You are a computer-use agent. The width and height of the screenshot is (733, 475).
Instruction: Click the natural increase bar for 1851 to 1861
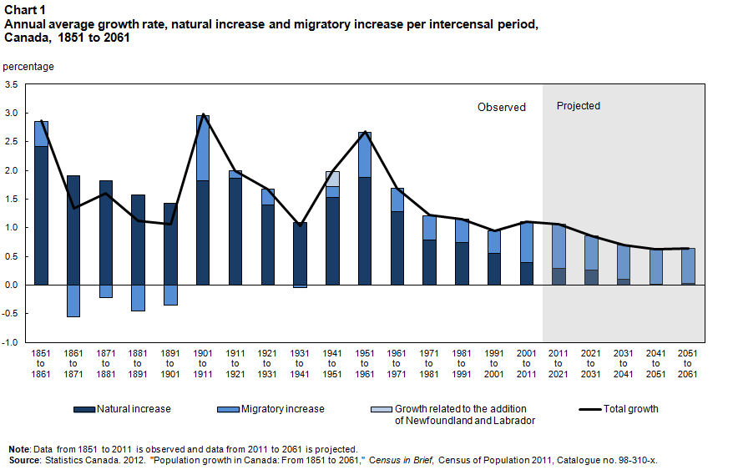(41, 215)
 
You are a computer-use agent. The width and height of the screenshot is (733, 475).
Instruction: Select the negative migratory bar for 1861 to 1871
(73, 301)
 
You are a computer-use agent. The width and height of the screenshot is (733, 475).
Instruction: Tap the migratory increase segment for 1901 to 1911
(202, 148)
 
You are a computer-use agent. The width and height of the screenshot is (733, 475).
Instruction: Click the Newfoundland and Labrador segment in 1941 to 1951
(332, 179)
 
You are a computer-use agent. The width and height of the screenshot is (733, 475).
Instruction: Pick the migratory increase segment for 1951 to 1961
(365, 154)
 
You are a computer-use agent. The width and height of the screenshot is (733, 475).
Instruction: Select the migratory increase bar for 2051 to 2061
(687, 265)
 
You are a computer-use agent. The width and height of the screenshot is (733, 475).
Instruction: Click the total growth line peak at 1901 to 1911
(203, 115)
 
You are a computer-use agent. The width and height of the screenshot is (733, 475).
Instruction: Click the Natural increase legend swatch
(83, 409)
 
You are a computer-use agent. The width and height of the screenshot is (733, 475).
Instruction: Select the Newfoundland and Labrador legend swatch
(382, 409)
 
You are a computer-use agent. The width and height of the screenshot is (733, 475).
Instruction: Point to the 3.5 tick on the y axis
(19, 84)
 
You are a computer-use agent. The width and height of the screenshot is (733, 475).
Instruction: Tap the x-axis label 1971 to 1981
(429, 364)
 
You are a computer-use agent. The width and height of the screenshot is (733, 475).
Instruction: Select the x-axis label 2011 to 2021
(559, 364)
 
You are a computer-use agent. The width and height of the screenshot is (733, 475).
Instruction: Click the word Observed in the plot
(501, 107)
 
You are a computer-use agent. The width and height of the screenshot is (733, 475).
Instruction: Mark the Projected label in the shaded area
(578, 106)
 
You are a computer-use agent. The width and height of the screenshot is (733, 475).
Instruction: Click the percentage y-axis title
(29, 66)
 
